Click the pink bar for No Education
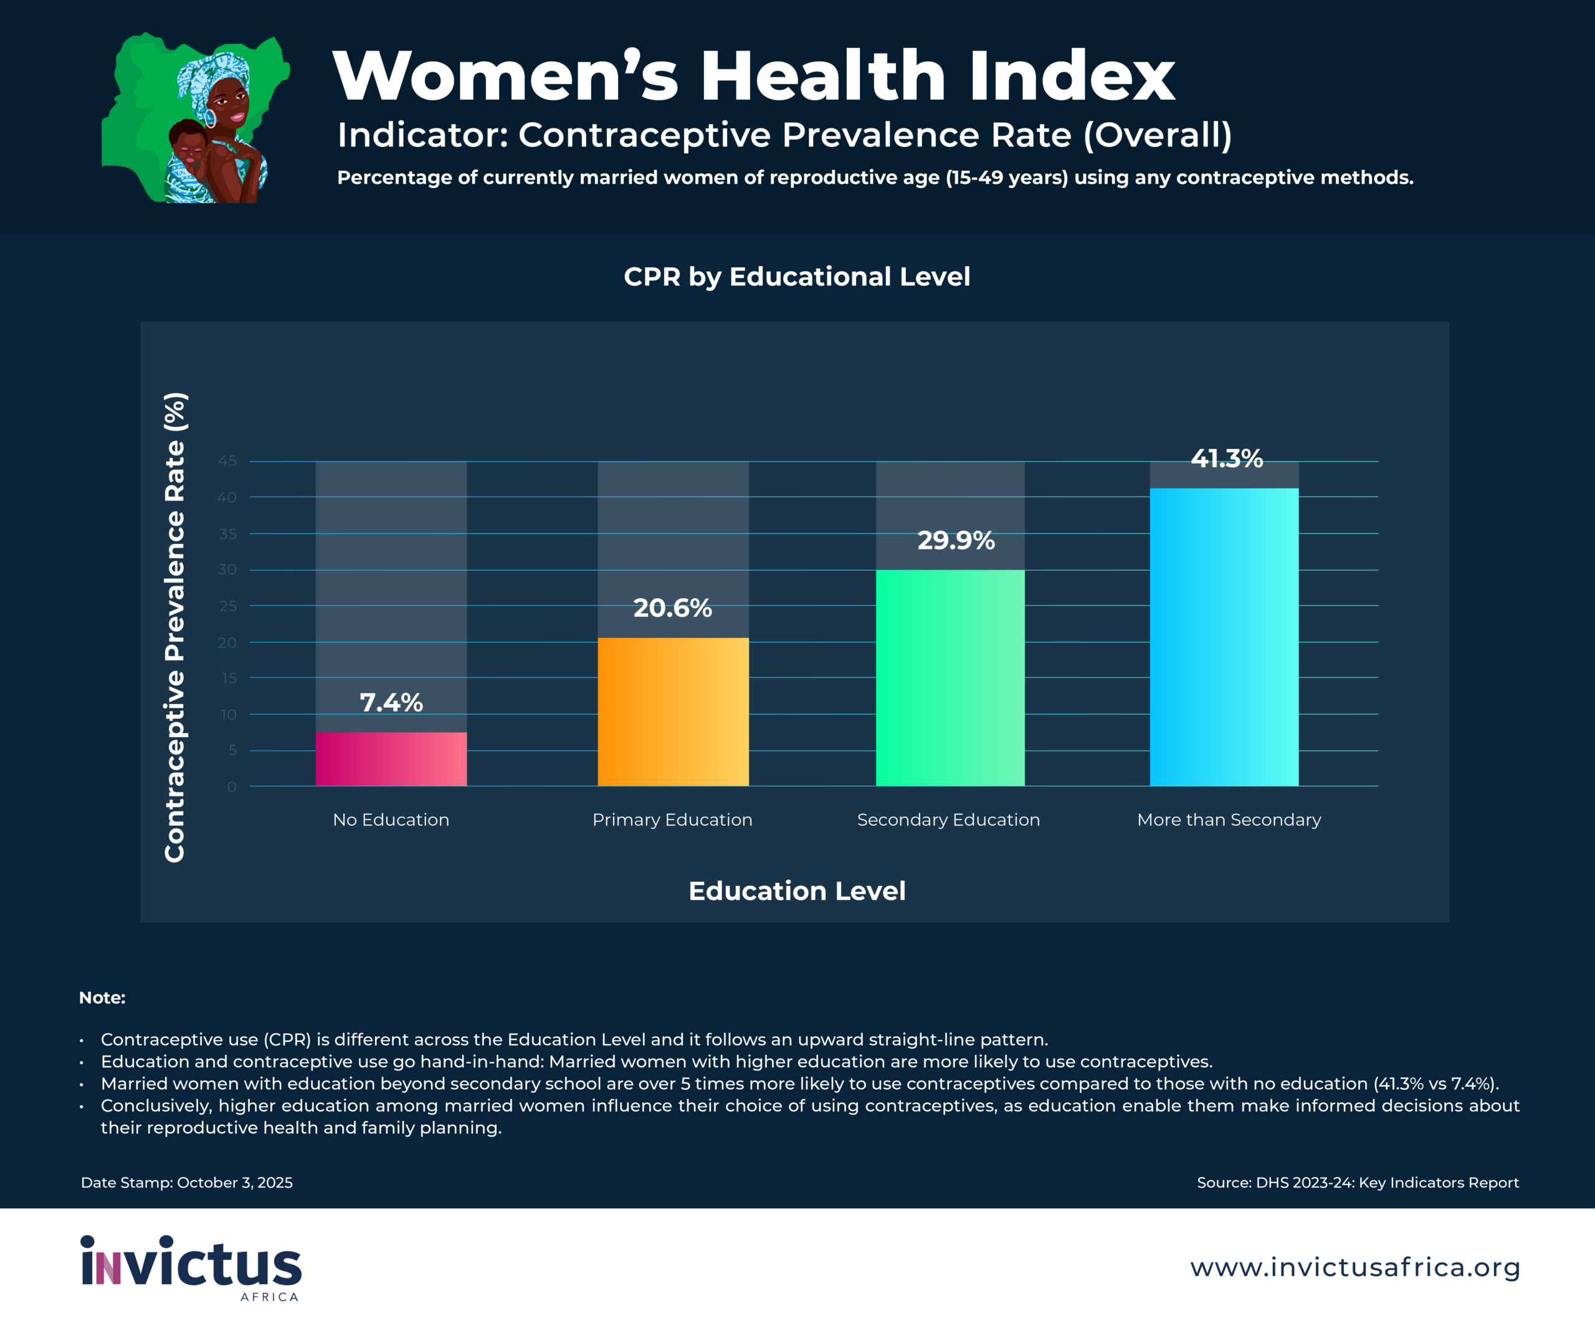(x=391, y=759)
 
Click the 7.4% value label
(x=391, y=703)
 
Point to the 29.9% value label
(x=956, y=540)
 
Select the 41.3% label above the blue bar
(x=1227, y=458)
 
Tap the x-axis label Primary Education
(x=672, y=819)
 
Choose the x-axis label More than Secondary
(x=1229, y=819)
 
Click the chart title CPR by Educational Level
(x=797, y=277)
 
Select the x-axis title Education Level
(x=797, y=890)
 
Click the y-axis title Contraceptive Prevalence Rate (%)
(x=174, y=627)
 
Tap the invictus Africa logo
(x=191, y=1266)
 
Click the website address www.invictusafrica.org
(x=1355, y=1267)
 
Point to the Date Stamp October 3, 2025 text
(x=187, y=1183)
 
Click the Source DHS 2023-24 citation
(x=1357, y=1183)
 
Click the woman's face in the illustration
(x=229, y=107)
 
